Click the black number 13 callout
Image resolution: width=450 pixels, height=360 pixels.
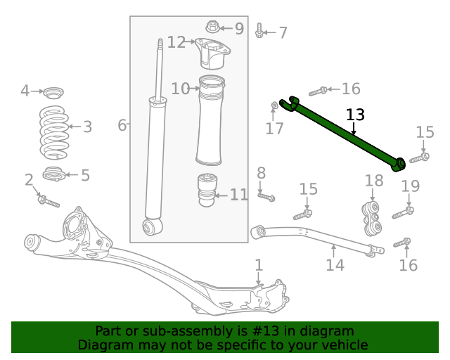point(356,115)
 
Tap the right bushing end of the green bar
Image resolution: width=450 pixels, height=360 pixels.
point(400,163)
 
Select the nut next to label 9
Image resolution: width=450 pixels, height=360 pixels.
point(212,28)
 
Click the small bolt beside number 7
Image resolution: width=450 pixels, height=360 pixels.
point(260,32)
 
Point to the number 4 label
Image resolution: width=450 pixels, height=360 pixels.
point(25,91)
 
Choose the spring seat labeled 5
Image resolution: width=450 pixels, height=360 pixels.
point(54,174)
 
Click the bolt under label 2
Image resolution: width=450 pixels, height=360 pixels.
point(48,201)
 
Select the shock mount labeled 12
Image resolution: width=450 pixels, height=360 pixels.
point(210,53)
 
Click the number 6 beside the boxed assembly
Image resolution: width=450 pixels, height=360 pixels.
point(122,125)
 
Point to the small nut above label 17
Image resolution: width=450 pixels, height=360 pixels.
point(274,106)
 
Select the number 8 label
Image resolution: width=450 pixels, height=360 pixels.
point(261,173)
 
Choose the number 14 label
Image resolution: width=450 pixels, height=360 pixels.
point(335,265)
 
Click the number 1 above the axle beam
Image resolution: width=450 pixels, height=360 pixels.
point(259,265)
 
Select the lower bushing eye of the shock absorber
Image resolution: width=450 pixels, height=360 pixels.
point(149,226)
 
